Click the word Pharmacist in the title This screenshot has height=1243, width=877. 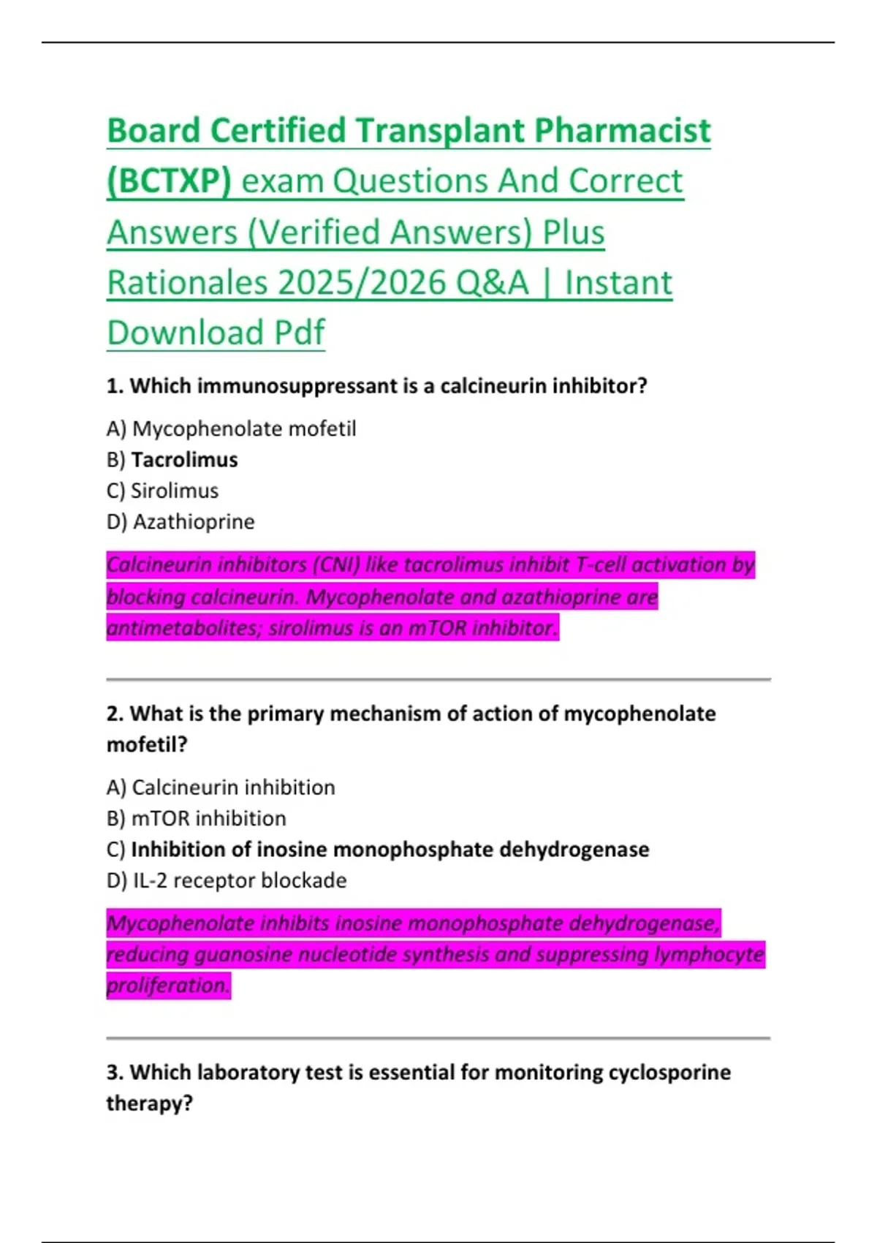(622, 132)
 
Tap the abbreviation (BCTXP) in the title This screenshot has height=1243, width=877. (169, 181)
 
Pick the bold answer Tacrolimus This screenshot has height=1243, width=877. (184, 460)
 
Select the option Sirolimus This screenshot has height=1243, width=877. (175, 491)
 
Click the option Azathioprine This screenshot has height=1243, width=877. (194, 522)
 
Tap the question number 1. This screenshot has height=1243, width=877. (114, 386)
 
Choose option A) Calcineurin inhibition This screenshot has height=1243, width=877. (221, 787)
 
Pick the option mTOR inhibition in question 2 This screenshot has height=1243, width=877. (208, 819)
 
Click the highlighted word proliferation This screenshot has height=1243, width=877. (168, 986)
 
